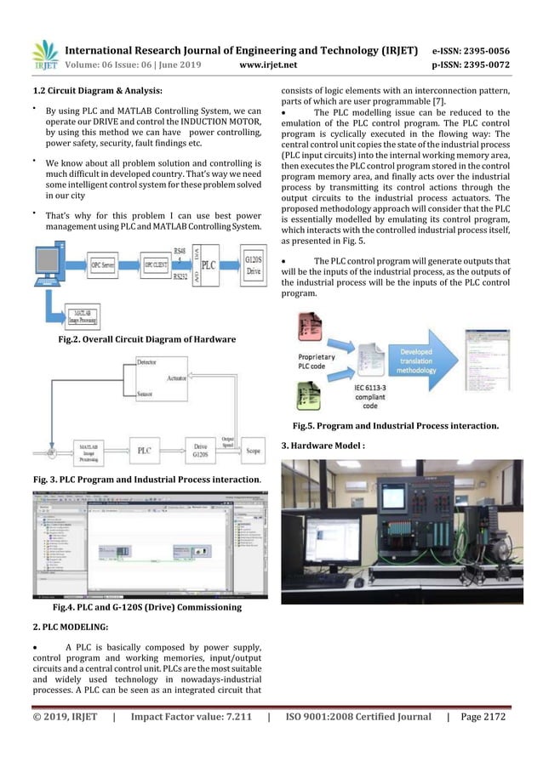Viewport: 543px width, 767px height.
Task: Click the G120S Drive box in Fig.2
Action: click(x=253, y=265)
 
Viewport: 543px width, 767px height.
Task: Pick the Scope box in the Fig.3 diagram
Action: click(x=252, y=450)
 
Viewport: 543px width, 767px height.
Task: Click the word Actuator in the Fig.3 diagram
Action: click(x=177, y=378)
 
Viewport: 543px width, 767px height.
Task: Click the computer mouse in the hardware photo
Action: click(x=359, y=583)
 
